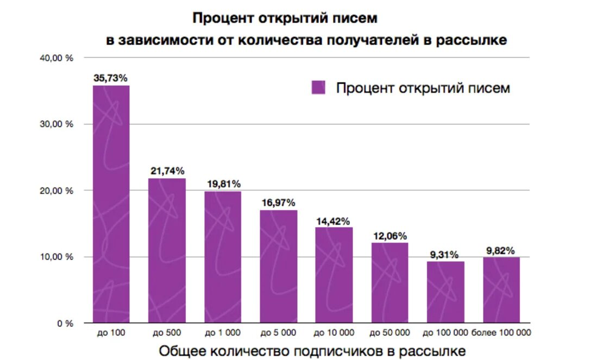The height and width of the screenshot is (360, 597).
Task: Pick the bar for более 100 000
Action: (x=501, y=290)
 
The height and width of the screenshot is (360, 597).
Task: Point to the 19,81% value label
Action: (x=223, y=184)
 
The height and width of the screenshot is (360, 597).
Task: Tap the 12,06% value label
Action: (x=390, y=236)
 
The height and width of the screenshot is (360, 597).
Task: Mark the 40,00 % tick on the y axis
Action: (x=56, y=58)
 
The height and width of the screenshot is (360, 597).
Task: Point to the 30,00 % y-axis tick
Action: (x=56, y=124)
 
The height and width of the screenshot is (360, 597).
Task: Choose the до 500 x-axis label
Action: (x=167, y=332)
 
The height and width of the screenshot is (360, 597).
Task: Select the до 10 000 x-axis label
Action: (x=334, y=332)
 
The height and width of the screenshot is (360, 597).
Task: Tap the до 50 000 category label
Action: (x=390, y=332)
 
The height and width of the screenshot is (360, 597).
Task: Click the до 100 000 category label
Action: (x=445, y=332)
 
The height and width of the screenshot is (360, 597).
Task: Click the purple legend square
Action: (x=318, y=87)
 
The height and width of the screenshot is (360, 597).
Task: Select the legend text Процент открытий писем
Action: (x=423, y=88)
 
